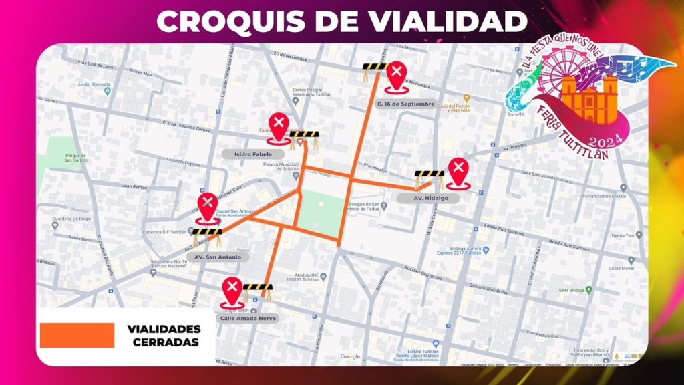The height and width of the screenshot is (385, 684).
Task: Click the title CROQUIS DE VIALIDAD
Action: coord(341,21)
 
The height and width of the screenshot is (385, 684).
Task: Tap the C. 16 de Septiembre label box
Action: coord(405,104)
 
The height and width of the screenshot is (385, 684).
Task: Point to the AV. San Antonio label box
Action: coord(218,257)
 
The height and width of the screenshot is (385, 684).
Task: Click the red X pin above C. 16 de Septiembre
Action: coord(397,76)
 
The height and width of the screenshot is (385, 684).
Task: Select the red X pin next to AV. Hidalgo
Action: coord(458,172)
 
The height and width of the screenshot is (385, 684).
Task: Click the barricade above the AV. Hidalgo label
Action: coord(429,178)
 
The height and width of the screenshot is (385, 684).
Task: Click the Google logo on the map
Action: coord(350,356)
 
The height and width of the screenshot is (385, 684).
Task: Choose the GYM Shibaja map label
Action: coord(580,290)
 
